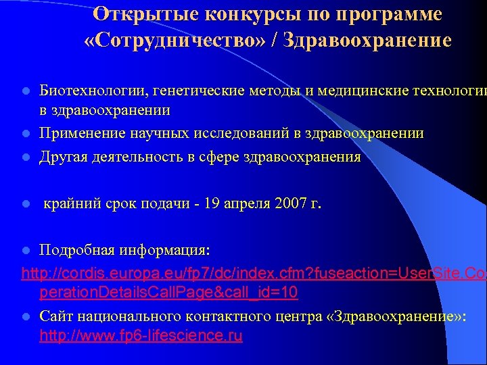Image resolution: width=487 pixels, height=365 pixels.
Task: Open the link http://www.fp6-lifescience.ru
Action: [x=141, y=336]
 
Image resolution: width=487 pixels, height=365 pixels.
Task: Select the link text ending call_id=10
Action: [x=169, y=294]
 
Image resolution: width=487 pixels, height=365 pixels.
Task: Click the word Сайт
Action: [x=57, y=316]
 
